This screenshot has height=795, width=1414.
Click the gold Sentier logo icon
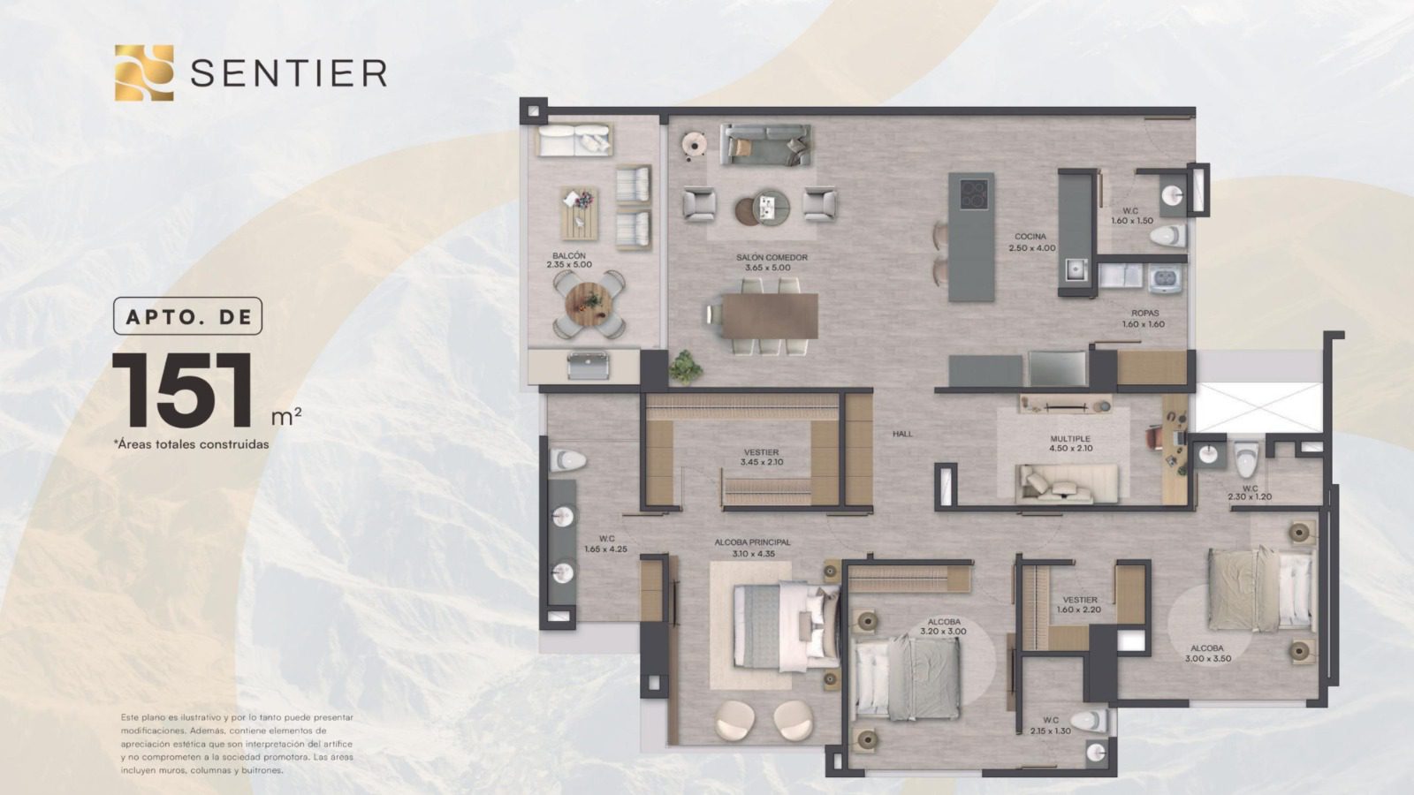tap(144, 72)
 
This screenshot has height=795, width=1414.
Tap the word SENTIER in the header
tap(288, 73)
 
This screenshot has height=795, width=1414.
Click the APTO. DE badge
tap(187, 316)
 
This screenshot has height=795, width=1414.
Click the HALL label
tap(902, 434)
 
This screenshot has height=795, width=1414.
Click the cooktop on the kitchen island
tap(974, 193)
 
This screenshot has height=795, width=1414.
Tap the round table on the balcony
tap(589, 304)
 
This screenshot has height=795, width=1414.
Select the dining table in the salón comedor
tap(770, 316)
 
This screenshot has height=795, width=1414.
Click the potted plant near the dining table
tap(685, 367)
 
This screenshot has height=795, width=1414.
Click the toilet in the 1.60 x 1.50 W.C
tap(1167, 236)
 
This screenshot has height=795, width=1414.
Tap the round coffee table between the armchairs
tap(770, 207)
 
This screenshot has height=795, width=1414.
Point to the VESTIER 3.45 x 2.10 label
tap(761, 458)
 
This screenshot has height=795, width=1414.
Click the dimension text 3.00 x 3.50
tap(1207, 659)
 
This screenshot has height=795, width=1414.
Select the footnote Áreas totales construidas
tap(191, 444)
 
